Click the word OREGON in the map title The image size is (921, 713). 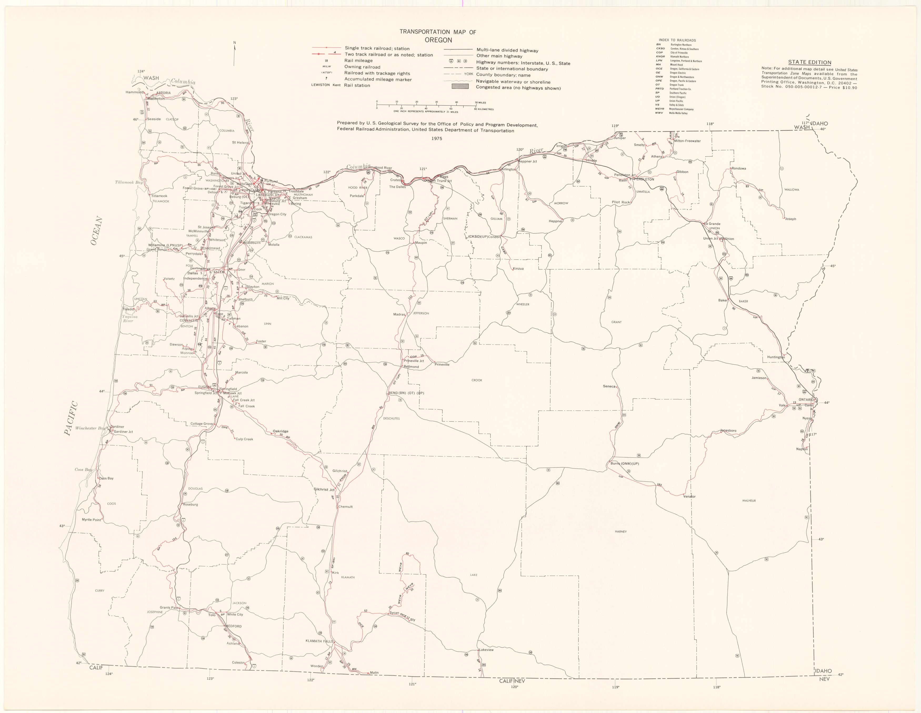[x=438, y=40]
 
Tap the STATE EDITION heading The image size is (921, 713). [x=810, y=62]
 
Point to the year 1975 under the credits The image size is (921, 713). [x=437, y=138]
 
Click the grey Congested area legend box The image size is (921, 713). [x=460, y=87]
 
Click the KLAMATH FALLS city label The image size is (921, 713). [x=319, y=641]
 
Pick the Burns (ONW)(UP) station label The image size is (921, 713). [x=624, y=464]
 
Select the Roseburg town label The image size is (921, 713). [x=190, y=505]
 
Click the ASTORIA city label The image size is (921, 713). [x=164, y=93]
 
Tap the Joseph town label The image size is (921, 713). [x=790, y=219]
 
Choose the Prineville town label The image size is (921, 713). [x=442, y=364]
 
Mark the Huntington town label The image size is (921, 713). [x=776, y=357]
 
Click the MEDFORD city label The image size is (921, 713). [x=234, y=626]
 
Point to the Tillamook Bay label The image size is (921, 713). [x=129, y=182]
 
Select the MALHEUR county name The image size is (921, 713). [x=749, y=501]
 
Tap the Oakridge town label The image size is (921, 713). [x=281, y=431]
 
